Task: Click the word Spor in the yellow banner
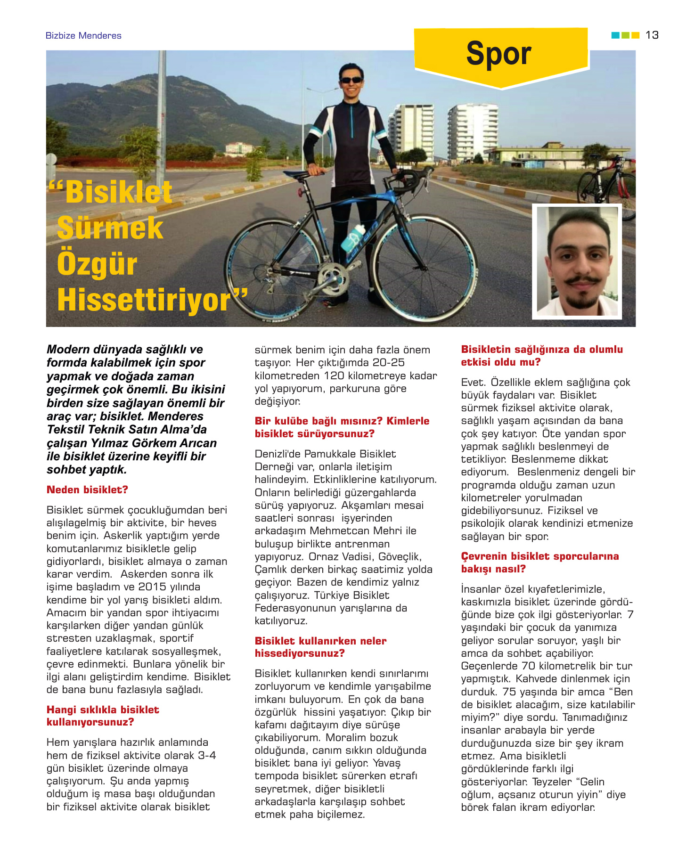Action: [x=498, y=53]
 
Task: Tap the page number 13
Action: [x=652, y=35]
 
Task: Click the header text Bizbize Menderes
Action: [x=83, y=36]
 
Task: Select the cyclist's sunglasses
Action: [x=351, y=80]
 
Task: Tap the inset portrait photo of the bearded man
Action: [x=577, y=261]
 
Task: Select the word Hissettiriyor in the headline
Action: [x=144, y=300]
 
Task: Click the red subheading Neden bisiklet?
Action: [x=87, y=490]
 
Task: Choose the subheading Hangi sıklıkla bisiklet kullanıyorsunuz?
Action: [x=103, y=716]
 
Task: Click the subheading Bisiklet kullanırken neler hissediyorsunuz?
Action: [x=320, y=647]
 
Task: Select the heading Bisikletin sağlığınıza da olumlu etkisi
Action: [x=542, y=356]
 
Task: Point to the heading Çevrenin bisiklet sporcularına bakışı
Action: [x=540, y=563]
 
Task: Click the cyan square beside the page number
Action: [x=615, y=35]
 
